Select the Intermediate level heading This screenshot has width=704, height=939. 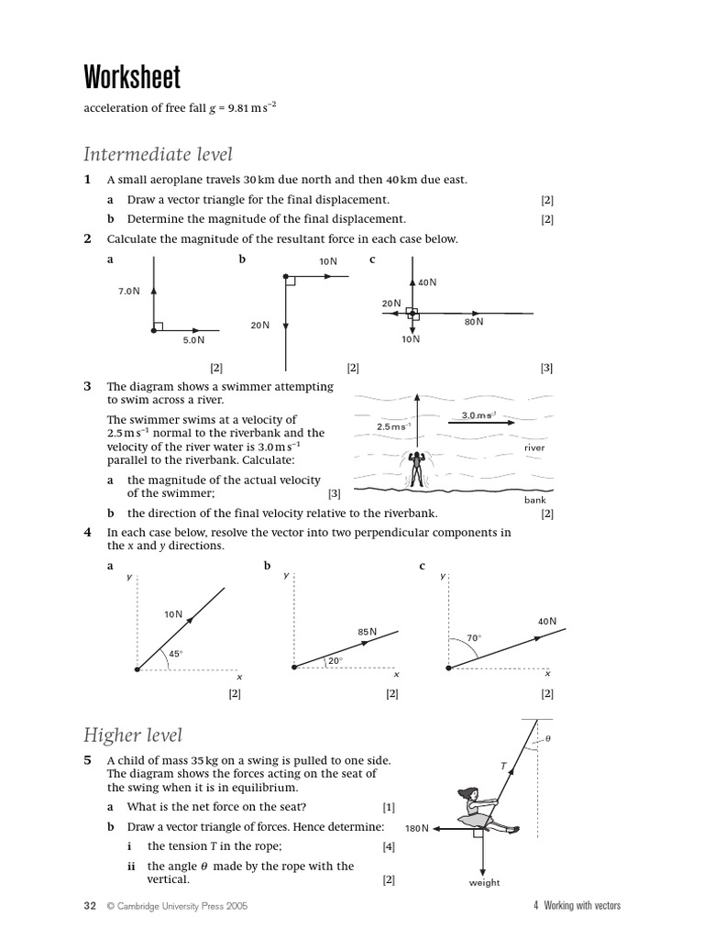pos(158,154)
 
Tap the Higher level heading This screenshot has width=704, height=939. pos(133,735)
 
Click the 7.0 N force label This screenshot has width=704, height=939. pos(129,291)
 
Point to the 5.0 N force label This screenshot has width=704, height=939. pos(193,339)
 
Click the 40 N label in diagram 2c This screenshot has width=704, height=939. pos(427,282)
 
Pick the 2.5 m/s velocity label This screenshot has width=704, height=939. pos(393,427)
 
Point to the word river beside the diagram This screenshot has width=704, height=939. pos(534,447)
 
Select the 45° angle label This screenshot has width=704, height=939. pos(176,654)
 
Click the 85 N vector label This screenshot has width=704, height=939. pos(367,632)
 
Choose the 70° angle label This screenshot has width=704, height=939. pos(473,638)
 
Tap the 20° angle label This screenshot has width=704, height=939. pos(335,659)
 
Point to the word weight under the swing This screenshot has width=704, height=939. pos(484,883)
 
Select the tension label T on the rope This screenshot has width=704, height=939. pos(502,764)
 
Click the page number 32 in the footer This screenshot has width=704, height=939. pos(90,906)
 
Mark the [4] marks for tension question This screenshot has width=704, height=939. pos(389,846)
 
